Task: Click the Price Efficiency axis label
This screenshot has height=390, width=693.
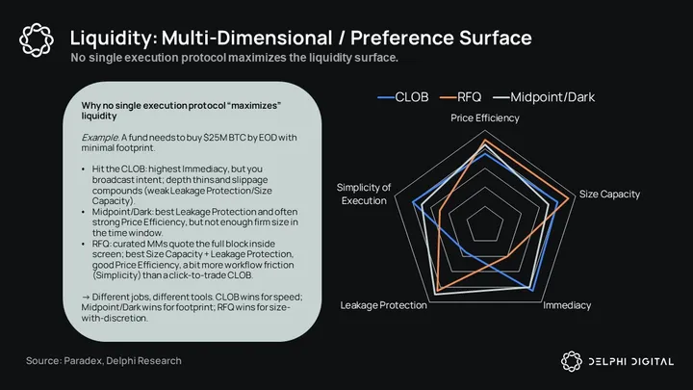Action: [485, 117]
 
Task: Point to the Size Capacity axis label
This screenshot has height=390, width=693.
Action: [608, 195]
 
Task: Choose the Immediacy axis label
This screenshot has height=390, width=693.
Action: [567, 304]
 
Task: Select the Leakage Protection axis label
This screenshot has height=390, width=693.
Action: [383, 304]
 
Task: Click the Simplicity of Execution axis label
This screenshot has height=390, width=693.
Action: [364, 194]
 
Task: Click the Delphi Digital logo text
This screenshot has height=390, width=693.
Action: [628, 361]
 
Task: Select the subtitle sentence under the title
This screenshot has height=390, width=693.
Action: [235, 58]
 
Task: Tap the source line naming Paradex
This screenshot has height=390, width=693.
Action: [103, 360]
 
